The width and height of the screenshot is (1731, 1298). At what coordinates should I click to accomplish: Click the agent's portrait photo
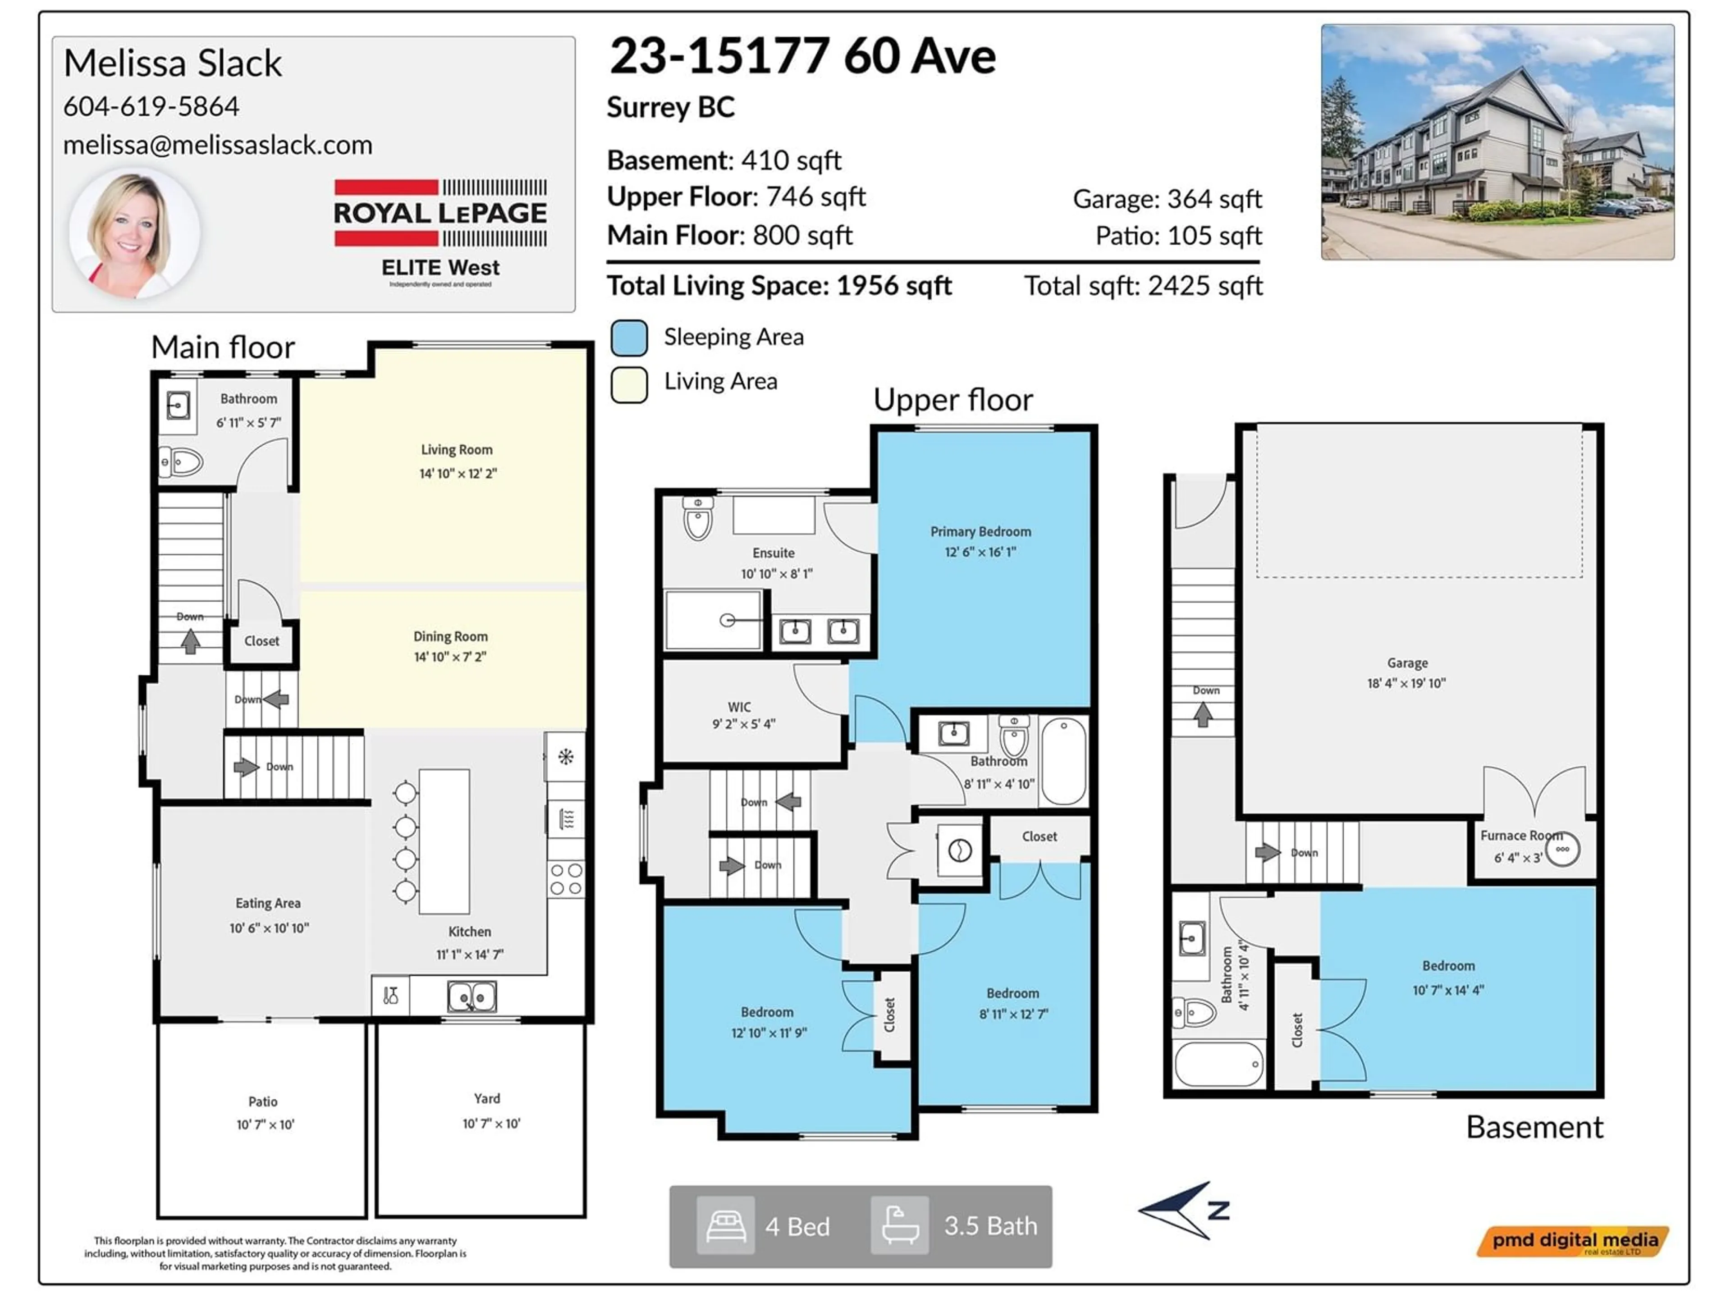click(135, 233)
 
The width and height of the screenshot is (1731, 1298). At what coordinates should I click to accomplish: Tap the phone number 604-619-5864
click(151, 106)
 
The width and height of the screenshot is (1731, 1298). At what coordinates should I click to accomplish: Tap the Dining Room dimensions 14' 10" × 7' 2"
click(450, 657)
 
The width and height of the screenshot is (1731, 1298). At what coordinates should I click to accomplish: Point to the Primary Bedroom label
click(980, 532)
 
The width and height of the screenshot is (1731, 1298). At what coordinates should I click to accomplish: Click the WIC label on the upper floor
click(739, 707)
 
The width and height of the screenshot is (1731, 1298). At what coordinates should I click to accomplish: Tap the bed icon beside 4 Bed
click(725, 1225)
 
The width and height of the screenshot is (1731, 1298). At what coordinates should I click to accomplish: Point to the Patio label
click(263, 1101)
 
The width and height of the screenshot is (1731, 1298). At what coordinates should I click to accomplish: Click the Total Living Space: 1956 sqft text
click(779, 286)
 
